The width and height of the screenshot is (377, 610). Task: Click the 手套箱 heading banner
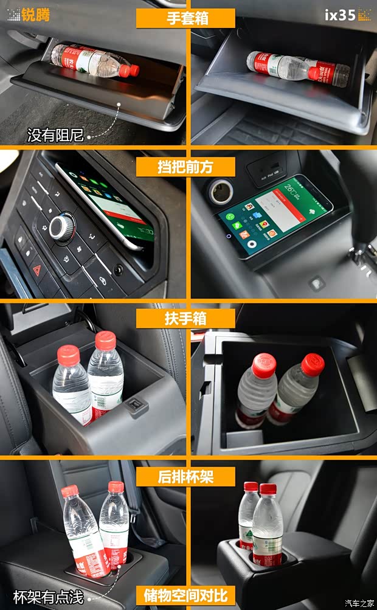click(187, 18)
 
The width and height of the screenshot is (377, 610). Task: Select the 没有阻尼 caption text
click(55, 134)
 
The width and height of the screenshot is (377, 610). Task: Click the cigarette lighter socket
click(221, 190)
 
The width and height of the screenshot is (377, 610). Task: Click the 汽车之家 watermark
click(359, 603)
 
